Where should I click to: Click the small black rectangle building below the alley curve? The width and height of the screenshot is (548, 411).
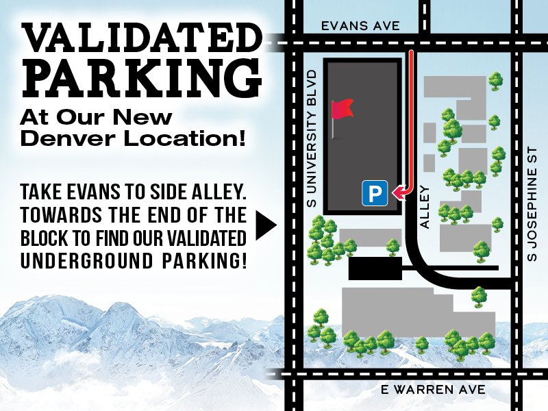point(375,269)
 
